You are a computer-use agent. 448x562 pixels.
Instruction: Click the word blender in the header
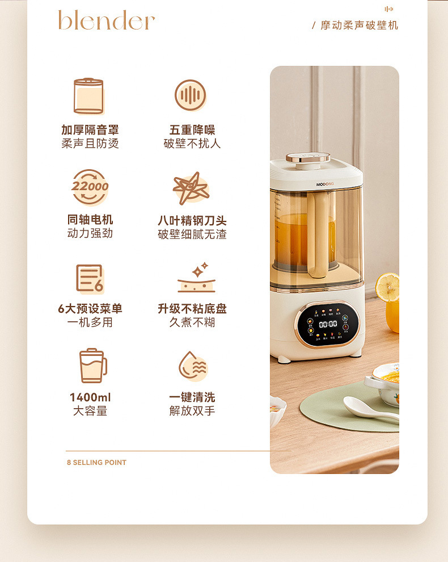[x=106, y=20]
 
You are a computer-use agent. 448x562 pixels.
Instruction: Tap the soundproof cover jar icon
[x=88, y=96]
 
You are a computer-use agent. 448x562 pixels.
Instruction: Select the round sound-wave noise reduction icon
[x=190, y=95]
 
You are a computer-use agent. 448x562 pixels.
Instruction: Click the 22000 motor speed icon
[x=90, y=187]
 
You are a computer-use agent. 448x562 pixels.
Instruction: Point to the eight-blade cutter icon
[x=191, y=188]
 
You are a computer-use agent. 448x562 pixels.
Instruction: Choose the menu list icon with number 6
[x=90, y=278]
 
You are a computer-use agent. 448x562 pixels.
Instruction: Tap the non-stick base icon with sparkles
[x=192, y=278]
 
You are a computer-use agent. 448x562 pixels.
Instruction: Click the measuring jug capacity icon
[x=92, y=366]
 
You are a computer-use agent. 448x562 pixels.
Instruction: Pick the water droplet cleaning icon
[x=192, y=366]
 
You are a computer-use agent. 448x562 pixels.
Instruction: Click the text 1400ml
[x=90, y=397]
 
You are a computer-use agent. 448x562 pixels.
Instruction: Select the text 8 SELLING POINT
[x=96, y=463]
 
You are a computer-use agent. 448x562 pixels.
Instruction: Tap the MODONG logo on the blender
[x=326, y=184]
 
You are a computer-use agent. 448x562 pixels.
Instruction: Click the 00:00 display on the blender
[x=328, y=324]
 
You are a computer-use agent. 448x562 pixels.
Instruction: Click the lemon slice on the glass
[x=388, y=287]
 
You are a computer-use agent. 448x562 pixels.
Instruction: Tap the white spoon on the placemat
[x=366, y=408]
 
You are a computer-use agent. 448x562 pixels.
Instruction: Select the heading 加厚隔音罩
[x=90, y=130]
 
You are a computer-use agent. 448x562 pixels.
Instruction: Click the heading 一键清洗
[x=192, y=397]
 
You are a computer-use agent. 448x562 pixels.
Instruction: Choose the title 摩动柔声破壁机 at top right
[x=359, y=26]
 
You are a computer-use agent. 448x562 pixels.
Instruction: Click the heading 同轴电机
[x=90, y=220]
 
